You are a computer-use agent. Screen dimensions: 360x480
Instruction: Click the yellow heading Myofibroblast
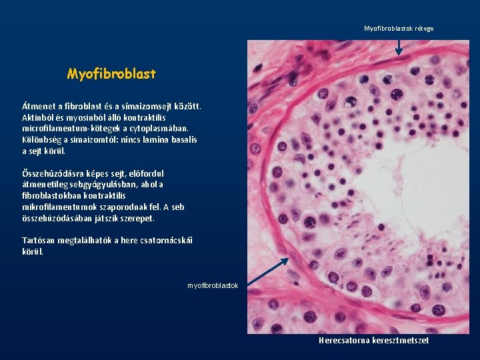pyautogui.click(x=111, y=74)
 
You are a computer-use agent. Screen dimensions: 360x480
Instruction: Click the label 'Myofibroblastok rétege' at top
pyautogui.click(x=399, y=29)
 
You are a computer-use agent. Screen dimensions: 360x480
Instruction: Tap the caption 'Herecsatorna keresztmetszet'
pyautogui.click(x=373, y=341)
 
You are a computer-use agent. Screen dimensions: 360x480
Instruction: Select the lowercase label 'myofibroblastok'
pyautogui.click(x=213, y=285)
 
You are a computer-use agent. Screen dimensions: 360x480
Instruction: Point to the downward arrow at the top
pyautogui.click(x=399, y=45)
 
